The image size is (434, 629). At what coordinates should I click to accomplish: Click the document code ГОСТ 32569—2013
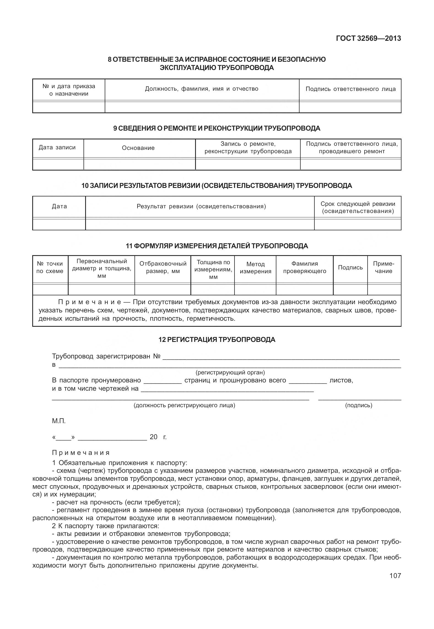coord(368,38)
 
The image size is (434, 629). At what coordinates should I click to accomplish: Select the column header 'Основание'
coord(138,148)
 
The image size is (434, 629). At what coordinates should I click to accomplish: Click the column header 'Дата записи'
coord(57,147)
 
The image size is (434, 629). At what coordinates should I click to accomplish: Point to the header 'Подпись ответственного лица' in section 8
coord(351,89)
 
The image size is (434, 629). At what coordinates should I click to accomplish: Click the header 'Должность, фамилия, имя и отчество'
coord(202,89)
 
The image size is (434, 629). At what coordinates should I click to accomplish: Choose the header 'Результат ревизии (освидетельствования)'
coord(201,206)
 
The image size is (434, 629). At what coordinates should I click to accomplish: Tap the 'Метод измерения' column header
coord(255,268)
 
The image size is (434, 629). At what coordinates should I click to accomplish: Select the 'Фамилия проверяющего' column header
coord(304,267)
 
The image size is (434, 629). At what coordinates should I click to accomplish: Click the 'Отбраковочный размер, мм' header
coord(163,267)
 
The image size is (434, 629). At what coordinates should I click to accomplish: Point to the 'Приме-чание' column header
coord(384,267)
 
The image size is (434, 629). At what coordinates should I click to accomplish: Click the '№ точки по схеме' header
coord(50,267)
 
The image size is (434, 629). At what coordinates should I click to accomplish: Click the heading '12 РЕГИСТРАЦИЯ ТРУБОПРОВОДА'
coord(217,340)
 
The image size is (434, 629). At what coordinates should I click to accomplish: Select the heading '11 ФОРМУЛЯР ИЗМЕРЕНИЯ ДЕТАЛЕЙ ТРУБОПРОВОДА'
coord(217,246)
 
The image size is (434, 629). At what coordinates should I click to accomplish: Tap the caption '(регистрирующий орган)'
coord(230,373)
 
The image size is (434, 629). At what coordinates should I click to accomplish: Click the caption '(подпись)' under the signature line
coord(358,405)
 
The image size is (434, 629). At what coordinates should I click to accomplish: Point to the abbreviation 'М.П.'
coord(59,421)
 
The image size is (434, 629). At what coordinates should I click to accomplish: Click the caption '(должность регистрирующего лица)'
coord(184,405)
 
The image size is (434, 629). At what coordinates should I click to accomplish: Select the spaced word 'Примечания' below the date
coord(81,453)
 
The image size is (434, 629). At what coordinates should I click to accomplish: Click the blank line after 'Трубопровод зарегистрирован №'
coord(281,358)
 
